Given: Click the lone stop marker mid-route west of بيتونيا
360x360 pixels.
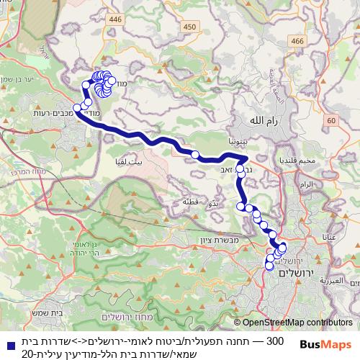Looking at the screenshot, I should coord(195,154).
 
